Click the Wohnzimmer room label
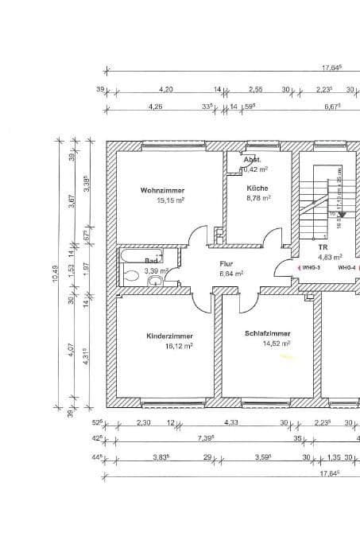162,191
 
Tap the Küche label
257,188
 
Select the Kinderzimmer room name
169,336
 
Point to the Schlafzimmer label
268,334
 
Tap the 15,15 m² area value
170,201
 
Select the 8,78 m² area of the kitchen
258,198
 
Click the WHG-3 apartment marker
310,268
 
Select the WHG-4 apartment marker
346,268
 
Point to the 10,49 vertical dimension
56,274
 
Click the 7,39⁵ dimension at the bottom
208,439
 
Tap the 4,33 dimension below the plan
231,422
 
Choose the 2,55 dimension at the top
255,91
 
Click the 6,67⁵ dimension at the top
332,106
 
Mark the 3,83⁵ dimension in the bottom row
161,458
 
